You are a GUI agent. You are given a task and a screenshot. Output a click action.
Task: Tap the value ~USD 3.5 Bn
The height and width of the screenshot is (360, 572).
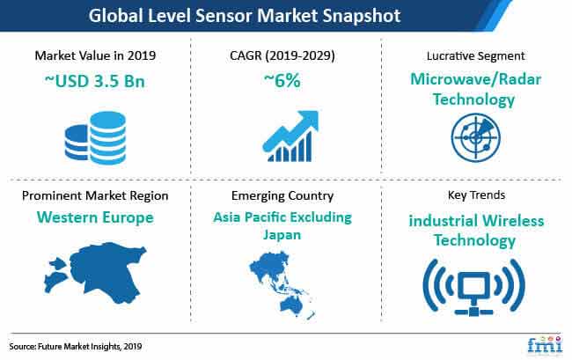[x=95, y=81]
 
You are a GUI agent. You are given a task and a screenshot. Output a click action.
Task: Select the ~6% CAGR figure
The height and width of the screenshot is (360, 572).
[x=282, y=81]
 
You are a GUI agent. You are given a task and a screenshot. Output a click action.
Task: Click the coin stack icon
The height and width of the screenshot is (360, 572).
[x=96, y=138]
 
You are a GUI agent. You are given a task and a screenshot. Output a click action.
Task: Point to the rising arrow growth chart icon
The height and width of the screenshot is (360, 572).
[x=290, y=136]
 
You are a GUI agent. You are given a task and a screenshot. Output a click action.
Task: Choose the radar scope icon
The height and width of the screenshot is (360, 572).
[x=476, y=137]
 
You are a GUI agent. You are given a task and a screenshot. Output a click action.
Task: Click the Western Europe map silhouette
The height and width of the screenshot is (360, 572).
[x=96, y=273]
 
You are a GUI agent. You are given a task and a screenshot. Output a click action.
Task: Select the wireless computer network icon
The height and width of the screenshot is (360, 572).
[x=473, y=287]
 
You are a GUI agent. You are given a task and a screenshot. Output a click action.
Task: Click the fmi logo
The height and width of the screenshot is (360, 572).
[x=545, y=344]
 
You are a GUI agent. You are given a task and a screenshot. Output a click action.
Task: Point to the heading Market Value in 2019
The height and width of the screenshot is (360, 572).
[x=95, y=55]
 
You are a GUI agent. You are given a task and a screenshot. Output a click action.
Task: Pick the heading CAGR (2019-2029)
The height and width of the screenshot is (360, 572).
[x=282, y=55]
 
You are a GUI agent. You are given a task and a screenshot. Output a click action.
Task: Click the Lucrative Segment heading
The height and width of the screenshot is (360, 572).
[x=476, y=55]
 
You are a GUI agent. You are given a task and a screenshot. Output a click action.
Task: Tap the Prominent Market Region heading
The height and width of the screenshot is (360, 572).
[x=95, y=196]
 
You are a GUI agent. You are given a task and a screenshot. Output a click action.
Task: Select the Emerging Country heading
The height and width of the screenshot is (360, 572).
[x=282, y=196]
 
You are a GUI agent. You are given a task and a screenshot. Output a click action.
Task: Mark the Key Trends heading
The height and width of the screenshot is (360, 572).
[x=476, y=195]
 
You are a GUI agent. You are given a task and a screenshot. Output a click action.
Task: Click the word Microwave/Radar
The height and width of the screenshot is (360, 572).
[x=476, y=79]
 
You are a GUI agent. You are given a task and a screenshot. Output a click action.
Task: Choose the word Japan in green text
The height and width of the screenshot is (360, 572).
[x=282, y=235]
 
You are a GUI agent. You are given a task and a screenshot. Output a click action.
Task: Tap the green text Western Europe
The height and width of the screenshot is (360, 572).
[x=95, y=217]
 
